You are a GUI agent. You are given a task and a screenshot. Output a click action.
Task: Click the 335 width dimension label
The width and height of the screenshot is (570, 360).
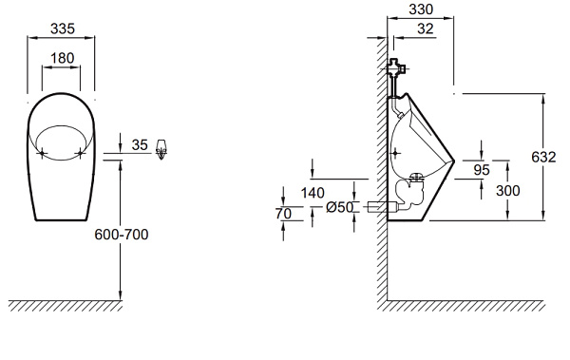(63, 28)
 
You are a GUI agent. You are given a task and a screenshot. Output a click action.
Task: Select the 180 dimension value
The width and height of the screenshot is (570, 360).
(62, 58)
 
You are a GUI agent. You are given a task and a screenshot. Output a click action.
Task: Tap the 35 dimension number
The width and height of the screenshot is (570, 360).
(140, 145)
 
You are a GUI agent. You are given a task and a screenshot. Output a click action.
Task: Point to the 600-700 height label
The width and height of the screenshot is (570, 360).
(122, 235)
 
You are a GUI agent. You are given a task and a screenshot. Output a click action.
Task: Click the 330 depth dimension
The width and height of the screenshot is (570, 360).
(421, 9)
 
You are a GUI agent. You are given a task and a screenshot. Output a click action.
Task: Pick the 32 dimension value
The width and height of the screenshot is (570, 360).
(426, 28)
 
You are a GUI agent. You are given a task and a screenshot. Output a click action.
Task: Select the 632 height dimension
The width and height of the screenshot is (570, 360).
(543, 157)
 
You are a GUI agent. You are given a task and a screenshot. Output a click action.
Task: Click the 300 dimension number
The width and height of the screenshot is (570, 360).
(508, 191)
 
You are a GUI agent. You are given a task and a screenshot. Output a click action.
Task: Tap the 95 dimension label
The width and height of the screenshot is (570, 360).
(482, 170)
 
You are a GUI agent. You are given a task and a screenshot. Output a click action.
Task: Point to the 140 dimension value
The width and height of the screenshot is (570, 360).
(313, 193)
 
